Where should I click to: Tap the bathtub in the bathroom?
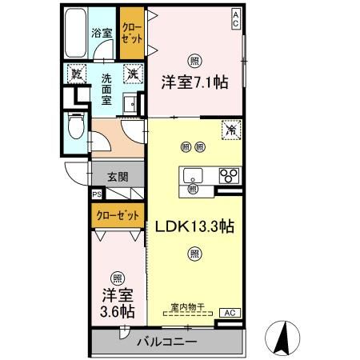click(74, 34)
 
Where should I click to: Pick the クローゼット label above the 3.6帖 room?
click(118, 215)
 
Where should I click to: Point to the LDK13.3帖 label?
click(194, 226)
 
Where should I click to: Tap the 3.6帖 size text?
click(117, 310)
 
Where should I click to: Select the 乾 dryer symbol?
click(77, 72)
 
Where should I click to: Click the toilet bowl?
click(75, 128)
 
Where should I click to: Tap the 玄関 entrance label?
click(118, 178)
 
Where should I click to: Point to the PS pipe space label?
click(97, 194)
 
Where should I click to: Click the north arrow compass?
click(282, 337)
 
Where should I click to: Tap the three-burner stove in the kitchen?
click(230, 176)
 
